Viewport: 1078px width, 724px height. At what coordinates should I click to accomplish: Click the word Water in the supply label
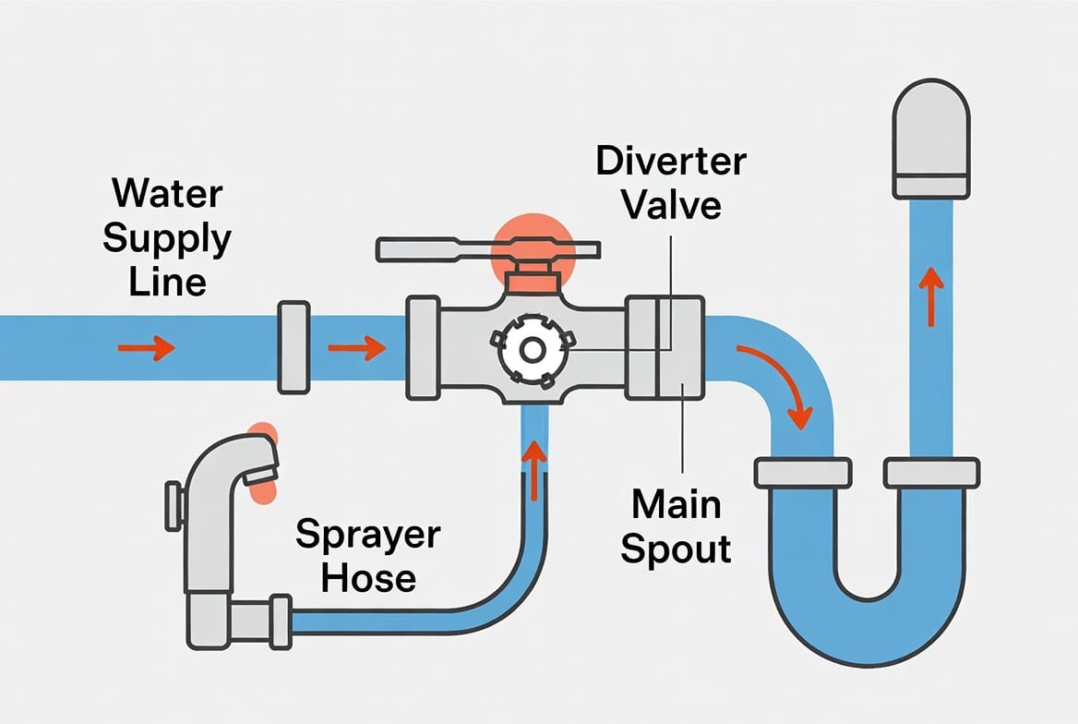point(167,195)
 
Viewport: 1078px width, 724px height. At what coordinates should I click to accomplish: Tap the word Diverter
point(670,161)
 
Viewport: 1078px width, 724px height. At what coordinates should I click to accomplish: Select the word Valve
point(671,204)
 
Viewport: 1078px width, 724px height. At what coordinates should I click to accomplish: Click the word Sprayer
point(368,535)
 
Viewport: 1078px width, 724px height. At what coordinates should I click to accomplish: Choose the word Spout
point(676,549)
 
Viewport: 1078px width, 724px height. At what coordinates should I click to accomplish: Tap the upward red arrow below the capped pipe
point(930,295)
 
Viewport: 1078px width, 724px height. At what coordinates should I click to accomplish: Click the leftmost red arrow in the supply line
point(147,348)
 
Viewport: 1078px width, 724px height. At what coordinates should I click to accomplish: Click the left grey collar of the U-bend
point(801,471)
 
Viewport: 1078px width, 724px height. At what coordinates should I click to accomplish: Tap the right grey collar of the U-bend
point(930,472)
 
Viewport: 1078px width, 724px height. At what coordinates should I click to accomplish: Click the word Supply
point(166,238)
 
